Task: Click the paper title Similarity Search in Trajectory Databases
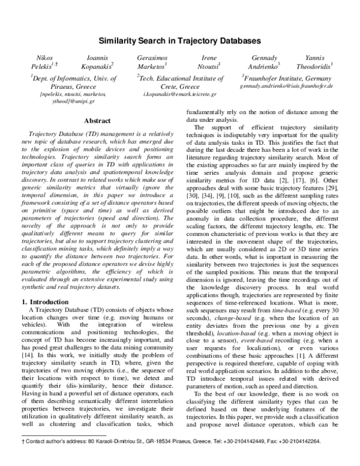[x=179, y=41]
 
